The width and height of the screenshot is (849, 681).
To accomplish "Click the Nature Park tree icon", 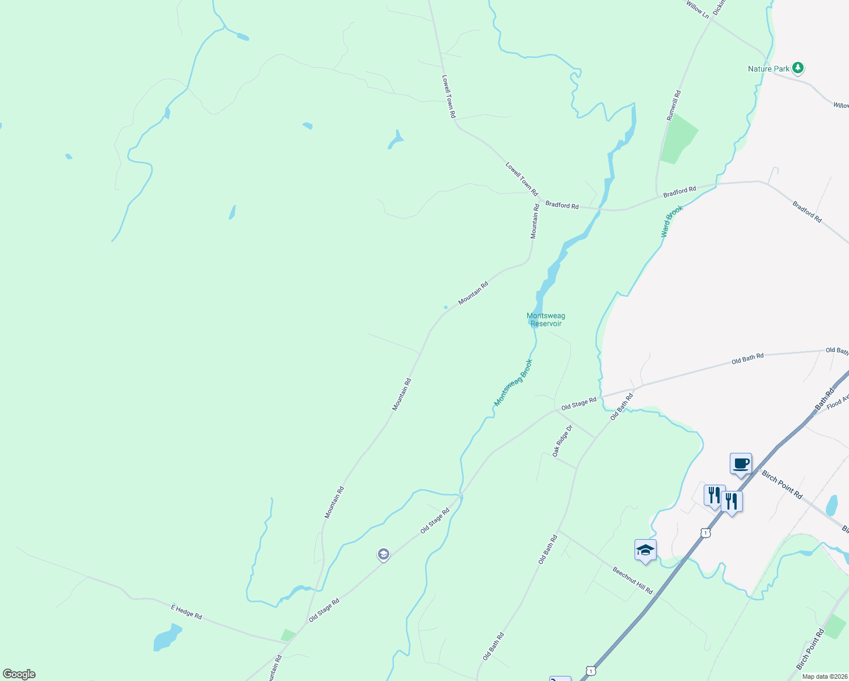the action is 798,68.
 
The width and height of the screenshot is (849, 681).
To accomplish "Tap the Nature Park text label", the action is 768,69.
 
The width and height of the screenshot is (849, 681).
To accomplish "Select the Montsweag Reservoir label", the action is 546,320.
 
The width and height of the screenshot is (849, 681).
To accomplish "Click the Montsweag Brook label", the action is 514,382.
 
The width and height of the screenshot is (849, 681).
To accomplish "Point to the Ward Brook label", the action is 672,221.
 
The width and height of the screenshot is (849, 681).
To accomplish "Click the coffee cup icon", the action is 741,463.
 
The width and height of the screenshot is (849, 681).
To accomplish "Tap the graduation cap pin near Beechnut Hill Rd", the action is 645,550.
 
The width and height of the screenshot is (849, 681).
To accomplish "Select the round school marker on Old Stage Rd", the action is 384,554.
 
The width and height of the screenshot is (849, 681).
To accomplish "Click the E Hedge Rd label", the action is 187,612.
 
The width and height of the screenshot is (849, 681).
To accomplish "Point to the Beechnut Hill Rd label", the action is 633,580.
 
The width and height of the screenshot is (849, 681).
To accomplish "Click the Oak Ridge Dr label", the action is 562,441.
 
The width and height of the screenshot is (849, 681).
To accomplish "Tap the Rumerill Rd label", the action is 674,105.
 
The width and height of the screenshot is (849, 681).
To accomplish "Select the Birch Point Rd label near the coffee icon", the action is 782,485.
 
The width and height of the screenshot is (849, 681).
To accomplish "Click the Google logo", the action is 19,674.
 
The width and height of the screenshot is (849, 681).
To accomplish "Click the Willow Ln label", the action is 697,10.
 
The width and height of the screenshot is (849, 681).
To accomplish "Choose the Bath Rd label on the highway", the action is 825,398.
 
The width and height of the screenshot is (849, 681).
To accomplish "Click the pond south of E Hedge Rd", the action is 167,637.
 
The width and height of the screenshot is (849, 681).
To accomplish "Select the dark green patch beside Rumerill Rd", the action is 678,139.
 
